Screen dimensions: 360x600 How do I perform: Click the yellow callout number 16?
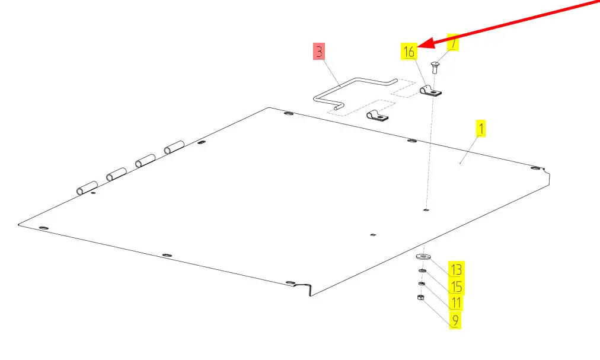(x=409, y=52)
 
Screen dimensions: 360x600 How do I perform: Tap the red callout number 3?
(x=320, y=52)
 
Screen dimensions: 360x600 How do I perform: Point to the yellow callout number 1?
(x=481, y=128)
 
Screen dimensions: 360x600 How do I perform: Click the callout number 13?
(x=455, y=269)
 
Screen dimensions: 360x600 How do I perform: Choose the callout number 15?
(x=455, y=286)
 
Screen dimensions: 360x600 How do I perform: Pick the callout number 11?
(x=455, y=303)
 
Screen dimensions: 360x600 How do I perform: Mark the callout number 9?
(x=455, y=320)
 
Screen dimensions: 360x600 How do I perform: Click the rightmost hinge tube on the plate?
(x=175, y=146)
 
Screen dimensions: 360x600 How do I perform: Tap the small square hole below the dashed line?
(x=427, y=209)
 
